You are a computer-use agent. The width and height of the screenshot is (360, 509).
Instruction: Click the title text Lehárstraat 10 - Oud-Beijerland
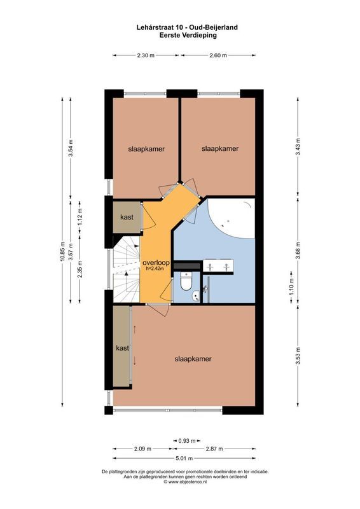tap(179, 27)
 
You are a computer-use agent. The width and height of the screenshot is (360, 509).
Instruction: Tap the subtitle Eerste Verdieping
tap(179, 36)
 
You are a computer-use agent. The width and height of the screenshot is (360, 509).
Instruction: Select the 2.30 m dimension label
tap(146, 56)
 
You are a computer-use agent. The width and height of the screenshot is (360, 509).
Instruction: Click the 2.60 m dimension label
tap(218, 56)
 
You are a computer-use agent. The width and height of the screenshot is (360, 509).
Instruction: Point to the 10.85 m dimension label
tap(62, 251)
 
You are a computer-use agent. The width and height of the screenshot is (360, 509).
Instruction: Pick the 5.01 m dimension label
tap(185, 457)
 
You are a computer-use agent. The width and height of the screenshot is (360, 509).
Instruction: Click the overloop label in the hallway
tap(156, 262)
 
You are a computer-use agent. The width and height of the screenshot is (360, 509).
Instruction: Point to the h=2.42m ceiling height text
tap(156, 269)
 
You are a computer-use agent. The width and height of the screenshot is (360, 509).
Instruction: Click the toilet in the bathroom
tap(186, 281)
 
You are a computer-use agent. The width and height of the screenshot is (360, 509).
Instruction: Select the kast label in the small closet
tap(127, 218)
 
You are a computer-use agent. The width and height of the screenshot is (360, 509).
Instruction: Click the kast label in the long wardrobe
tap(122, 348)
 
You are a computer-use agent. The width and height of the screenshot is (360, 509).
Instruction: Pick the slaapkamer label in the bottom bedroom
tap(193, 359)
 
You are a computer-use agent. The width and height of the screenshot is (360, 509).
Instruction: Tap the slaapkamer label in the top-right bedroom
tap(220, 149)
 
